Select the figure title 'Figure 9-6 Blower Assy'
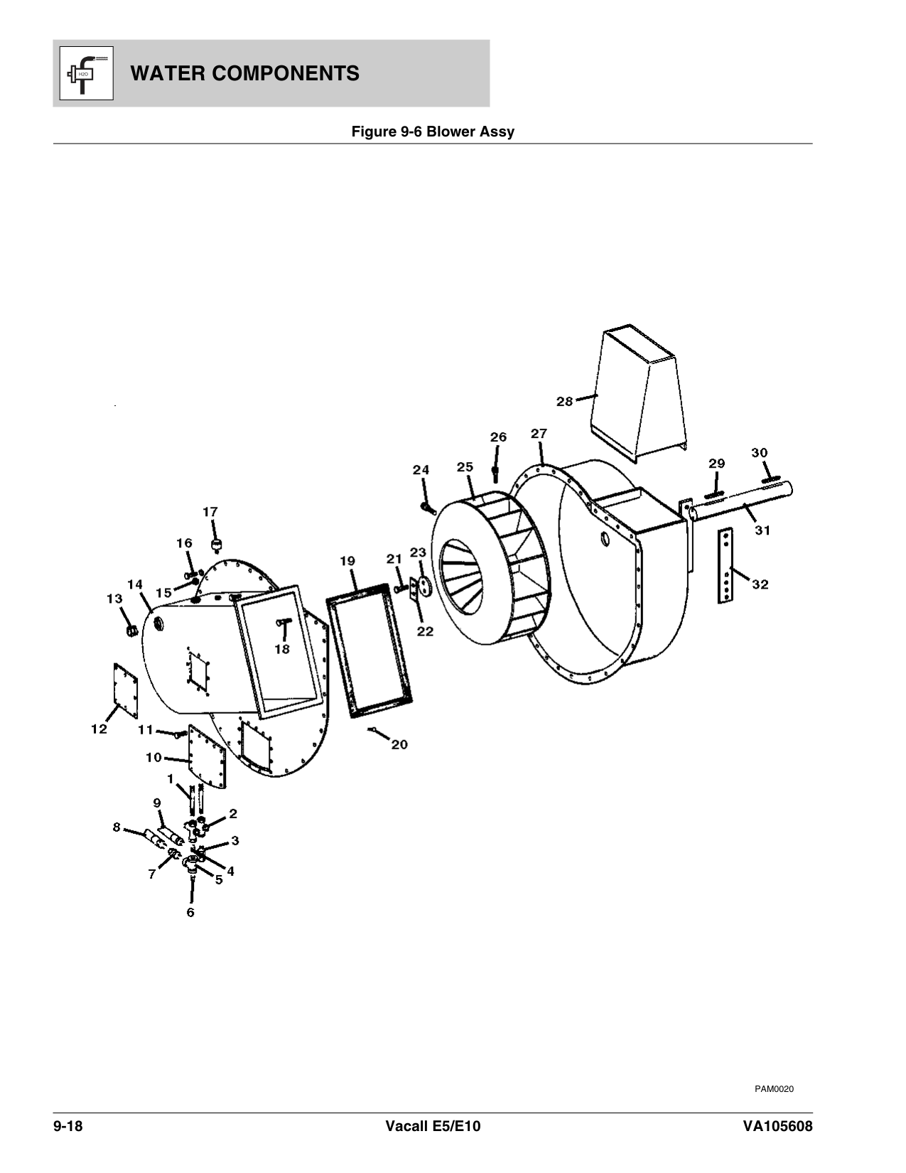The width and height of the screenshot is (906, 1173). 433,132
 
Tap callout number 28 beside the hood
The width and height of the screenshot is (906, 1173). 564,402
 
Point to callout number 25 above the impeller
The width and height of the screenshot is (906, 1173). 465,467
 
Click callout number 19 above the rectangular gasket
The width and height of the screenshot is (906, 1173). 347,562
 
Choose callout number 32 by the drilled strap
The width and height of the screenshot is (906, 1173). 760,584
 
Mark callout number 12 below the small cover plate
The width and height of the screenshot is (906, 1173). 99,729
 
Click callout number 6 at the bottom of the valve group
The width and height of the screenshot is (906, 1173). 190,912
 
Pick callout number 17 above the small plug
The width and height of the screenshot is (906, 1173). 210,511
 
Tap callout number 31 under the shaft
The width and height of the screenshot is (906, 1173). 762,530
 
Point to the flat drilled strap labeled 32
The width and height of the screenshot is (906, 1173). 726,565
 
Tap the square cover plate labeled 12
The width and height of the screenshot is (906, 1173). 125,690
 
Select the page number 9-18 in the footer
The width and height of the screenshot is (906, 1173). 68,1127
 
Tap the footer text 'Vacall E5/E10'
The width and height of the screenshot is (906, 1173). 432,1127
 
